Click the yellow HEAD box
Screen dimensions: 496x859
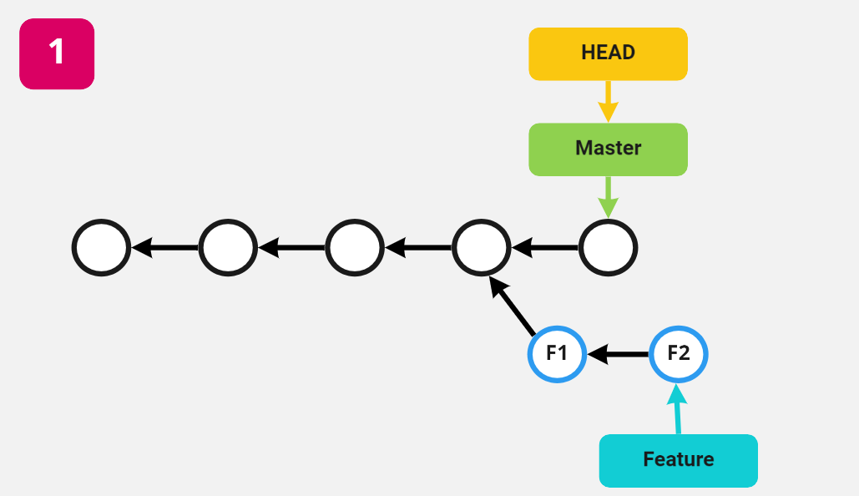point(608,53)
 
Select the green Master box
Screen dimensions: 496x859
point(608,149)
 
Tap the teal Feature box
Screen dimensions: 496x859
point(678,460)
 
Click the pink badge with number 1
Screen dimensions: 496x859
point(57,53)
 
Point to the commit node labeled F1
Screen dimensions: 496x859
point(557,353)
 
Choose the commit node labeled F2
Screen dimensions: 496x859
point(679,353)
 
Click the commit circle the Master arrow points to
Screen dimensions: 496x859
point(609,248)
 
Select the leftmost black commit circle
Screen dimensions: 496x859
point(101,248)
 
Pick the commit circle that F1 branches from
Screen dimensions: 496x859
point(481,248)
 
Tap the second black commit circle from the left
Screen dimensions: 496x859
point(228,248)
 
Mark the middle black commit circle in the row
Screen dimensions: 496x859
point(355,248)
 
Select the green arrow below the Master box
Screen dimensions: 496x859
point(608,197)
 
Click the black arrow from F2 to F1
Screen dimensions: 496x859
point(618,354)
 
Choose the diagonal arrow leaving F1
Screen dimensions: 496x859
point(513,306)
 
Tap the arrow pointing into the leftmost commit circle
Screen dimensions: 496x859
point(165,248)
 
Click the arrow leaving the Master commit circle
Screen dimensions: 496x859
point(545,248)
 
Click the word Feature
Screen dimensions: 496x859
point(678,459)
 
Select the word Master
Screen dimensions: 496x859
point(608,149)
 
